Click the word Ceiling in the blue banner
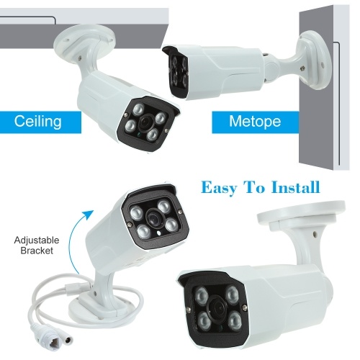pyautogui.click(x=37, y=121)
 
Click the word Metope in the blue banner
pyautogui.click(x=255, y=122)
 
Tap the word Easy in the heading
pyautogui.click(x=219, y=188)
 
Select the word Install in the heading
pyautogui.click(x=296, y=187)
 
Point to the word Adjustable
pyautogui.click(x=37, y=240)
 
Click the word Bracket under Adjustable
pyautogui.click(x=37, y=251)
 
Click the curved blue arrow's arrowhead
pyautogui.click(x=88, y=215)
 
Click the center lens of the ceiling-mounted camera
pyautogui.click(x=145, y=121)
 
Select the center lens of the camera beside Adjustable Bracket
pyautogui.click(x=153, y=217)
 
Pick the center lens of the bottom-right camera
pyautogui.click(x=216, y=307)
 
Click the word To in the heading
pyautogui.click(x=253, y=187)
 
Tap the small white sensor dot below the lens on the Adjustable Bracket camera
pyautogui.click(x=158, y=233)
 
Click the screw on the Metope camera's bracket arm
pyautogui.click(x=302, y=68)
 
